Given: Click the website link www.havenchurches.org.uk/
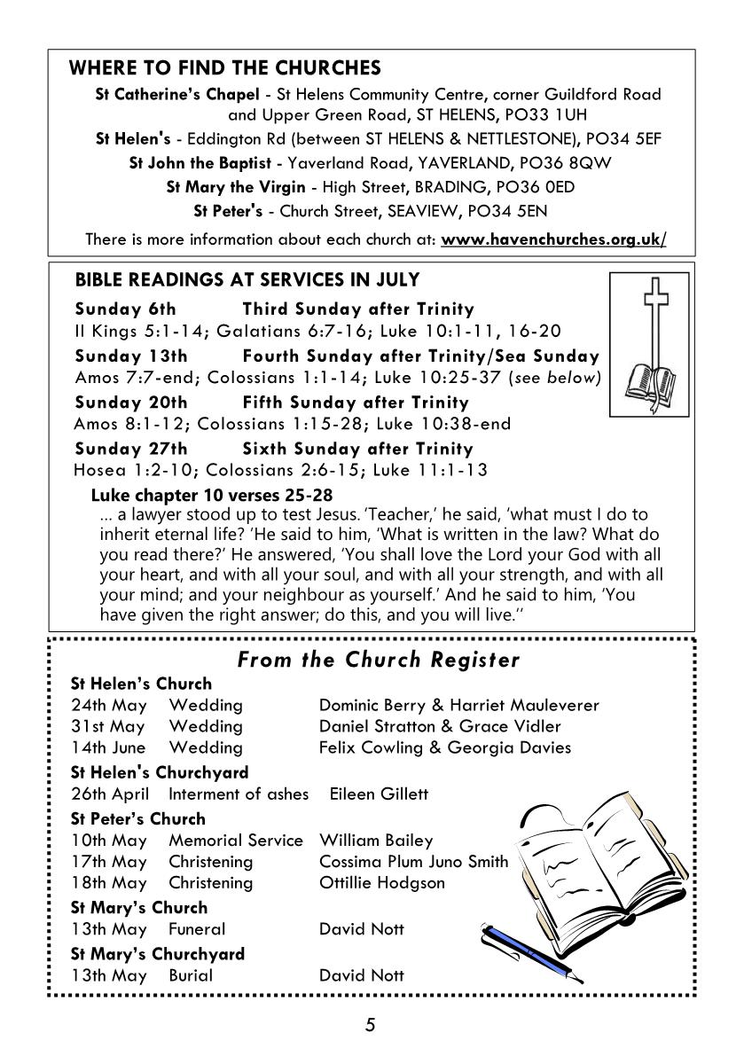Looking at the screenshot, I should pos(553,239).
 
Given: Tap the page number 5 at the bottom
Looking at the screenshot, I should pos(371,1026).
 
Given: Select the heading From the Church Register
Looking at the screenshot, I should pos(378,661).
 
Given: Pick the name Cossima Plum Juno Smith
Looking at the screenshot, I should pos(413,861).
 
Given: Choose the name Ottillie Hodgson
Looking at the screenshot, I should pos(381,883).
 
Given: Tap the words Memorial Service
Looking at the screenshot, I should pos(235,840).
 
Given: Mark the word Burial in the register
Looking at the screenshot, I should pos(191,975).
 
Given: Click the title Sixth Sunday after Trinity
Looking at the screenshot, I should pos(357,449).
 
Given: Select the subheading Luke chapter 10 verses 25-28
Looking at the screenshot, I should pos(212,495).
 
